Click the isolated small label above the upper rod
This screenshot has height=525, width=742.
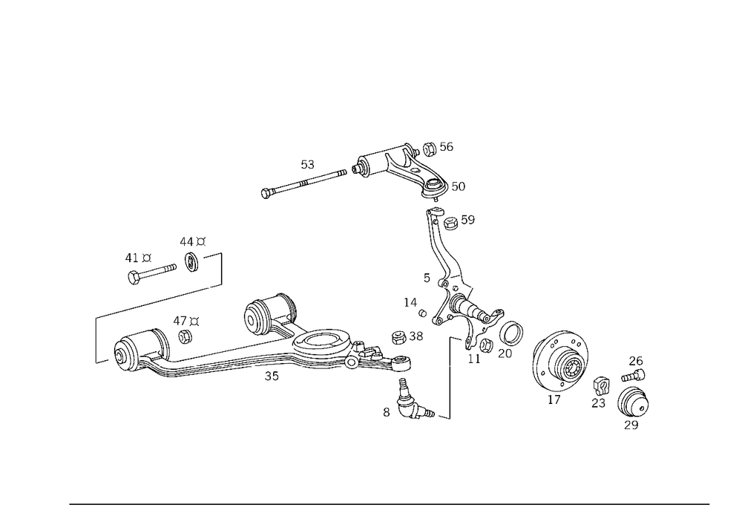coord(306,165)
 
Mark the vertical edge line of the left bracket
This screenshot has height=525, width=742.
coord(95,340)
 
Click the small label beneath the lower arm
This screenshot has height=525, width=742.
coord(272,376)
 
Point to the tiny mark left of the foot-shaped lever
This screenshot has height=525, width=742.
coord(385,409)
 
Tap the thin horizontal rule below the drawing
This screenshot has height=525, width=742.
coord(390,503)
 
